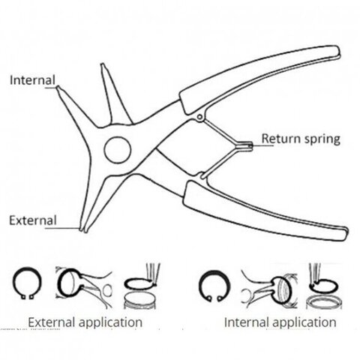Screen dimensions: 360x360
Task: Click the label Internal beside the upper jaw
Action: (32, 80)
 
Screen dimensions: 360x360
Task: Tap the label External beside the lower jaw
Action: (33, 220)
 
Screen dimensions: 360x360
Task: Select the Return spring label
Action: (301, 139)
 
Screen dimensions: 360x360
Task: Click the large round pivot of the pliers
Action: (118, 150)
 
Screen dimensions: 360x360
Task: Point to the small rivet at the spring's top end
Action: (199, 117)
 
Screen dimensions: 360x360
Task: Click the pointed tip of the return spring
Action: (250, 145)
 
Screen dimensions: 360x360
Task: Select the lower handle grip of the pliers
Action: (265, 212)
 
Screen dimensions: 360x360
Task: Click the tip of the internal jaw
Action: (58, 88)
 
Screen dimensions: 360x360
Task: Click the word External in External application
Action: (52, 322)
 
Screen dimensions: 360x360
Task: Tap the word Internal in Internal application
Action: (246, 322)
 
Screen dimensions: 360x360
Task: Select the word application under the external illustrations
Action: (111, 322)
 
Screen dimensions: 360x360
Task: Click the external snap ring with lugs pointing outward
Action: (27, 283)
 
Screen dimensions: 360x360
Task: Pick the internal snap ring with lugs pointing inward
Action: (214, 286)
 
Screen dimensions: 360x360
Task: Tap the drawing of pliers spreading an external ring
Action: (84, 287)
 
